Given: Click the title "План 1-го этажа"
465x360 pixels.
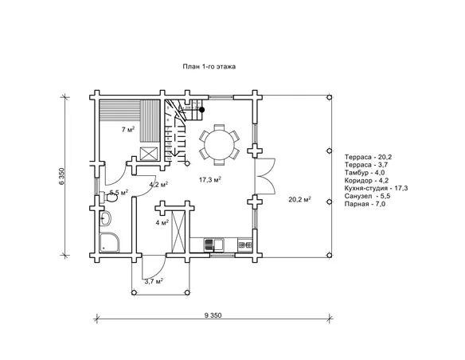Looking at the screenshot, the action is pos(209,66).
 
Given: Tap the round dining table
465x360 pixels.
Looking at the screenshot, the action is pos(219,145).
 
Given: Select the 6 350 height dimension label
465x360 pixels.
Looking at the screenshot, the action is pos(61,177).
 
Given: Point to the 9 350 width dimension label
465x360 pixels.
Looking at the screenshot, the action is pos(213,315).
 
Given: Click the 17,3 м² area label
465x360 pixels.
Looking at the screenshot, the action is pos(210,180).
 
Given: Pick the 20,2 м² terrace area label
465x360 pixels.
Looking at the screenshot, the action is pos(300,199).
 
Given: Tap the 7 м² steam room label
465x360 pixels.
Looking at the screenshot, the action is pos(128,129).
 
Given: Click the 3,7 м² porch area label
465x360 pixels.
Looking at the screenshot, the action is pos(154,281).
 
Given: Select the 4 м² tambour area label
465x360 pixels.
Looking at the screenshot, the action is pos(162,222).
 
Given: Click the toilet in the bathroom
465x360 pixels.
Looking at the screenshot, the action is pos(108,197).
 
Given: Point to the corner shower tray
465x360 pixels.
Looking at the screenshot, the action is pos(109,242).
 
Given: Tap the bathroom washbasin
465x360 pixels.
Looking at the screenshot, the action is pos(105,219).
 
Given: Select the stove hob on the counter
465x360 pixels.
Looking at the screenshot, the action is pos(245,245).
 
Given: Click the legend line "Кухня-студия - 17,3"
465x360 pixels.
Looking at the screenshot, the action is pos(376,188).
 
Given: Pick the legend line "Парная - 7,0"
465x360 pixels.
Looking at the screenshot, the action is pos(365,204).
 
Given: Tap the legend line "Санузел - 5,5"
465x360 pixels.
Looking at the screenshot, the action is pos(367,196).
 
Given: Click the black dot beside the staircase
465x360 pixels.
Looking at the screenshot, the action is pos(202,110).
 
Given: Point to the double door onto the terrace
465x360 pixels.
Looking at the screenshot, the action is pos(266,176).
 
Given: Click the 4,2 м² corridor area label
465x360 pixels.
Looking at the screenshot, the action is pos(158,185).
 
